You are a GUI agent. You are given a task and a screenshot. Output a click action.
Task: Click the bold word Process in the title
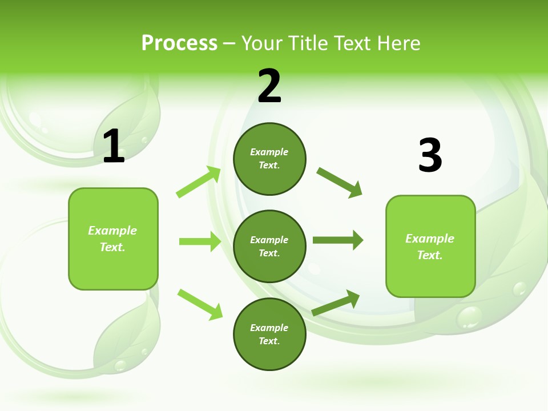coord(179,43)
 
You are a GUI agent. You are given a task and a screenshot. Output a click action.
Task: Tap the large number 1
coord(114,147)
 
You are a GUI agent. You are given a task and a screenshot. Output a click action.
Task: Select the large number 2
coord(269,86)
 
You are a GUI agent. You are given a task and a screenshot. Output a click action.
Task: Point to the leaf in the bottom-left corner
coord(128,337)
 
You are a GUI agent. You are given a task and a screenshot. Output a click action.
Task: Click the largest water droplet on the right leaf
coord(469,317)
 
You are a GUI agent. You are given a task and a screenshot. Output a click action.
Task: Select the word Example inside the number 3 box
coord(430,239)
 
